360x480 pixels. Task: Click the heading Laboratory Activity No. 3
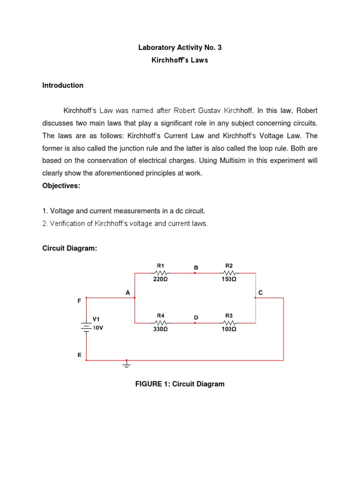[180, 47]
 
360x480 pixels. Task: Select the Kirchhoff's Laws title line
[180, 60]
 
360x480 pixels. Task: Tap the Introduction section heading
[63, 85]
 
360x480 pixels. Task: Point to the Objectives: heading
[61, 186]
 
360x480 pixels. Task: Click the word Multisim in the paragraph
[242, 160]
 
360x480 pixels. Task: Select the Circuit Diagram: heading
[69, 248]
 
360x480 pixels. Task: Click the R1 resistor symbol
[161, 272]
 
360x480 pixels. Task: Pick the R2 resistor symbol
[229, 272]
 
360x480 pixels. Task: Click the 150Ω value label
[229, 279]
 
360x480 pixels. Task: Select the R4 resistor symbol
[161, 322]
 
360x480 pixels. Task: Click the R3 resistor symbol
[229, 322]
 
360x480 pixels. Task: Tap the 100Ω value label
[229, 330]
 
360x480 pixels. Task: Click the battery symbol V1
[86, 326]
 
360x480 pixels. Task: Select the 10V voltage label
[97, 328]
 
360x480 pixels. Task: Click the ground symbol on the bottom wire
[126, 363]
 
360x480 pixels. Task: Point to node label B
[196, 267]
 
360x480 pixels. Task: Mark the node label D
[196, 317]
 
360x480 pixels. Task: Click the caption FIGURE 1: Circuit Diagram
[180, 384]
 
